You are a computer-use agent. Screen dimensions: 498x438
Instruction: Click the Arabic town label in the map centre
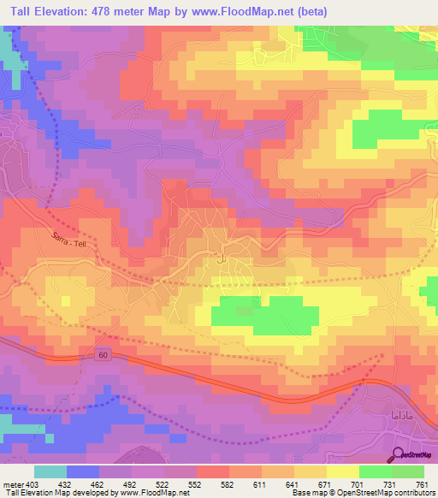pos(221,257)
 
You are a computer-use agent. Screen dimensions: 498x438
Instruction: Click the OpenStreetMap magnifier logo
pos(400,454)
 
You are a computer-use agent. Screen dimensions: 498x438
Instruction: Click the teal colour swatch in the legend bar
pos(50,471)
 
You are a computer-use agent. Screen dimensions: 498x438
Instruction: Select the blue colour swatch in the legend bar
pos(82,471)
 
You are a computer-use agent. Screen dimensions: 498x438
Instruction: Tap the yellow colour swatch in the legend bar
pos(342,471)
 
